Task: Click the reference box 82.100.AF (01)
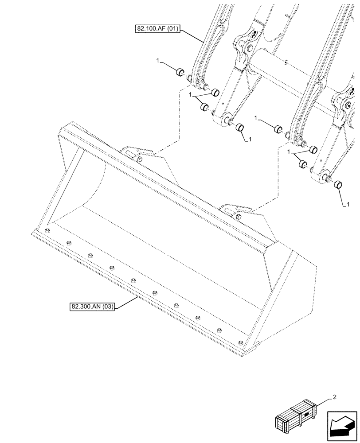pyautogui.click(x=157, y=30)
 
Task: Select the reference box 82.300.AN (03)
pyautogui.click(x=92, y=307)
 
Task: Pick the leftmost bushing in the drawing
pyautogui.click(x=180, y=72)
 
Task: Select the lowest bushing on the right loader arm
pyautogui.click(x=340, y=184)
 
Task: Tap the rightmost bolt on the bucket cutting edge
pyautogui.click(x=240, y=342)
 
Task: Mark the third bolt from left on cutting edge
pyautogui.click(x=90, y=255)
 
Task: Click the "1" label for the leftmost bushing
pyautogui.click(x=158, y=60)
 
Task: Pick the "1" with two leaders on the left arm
pyautogui.click(x=190, y=95)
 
